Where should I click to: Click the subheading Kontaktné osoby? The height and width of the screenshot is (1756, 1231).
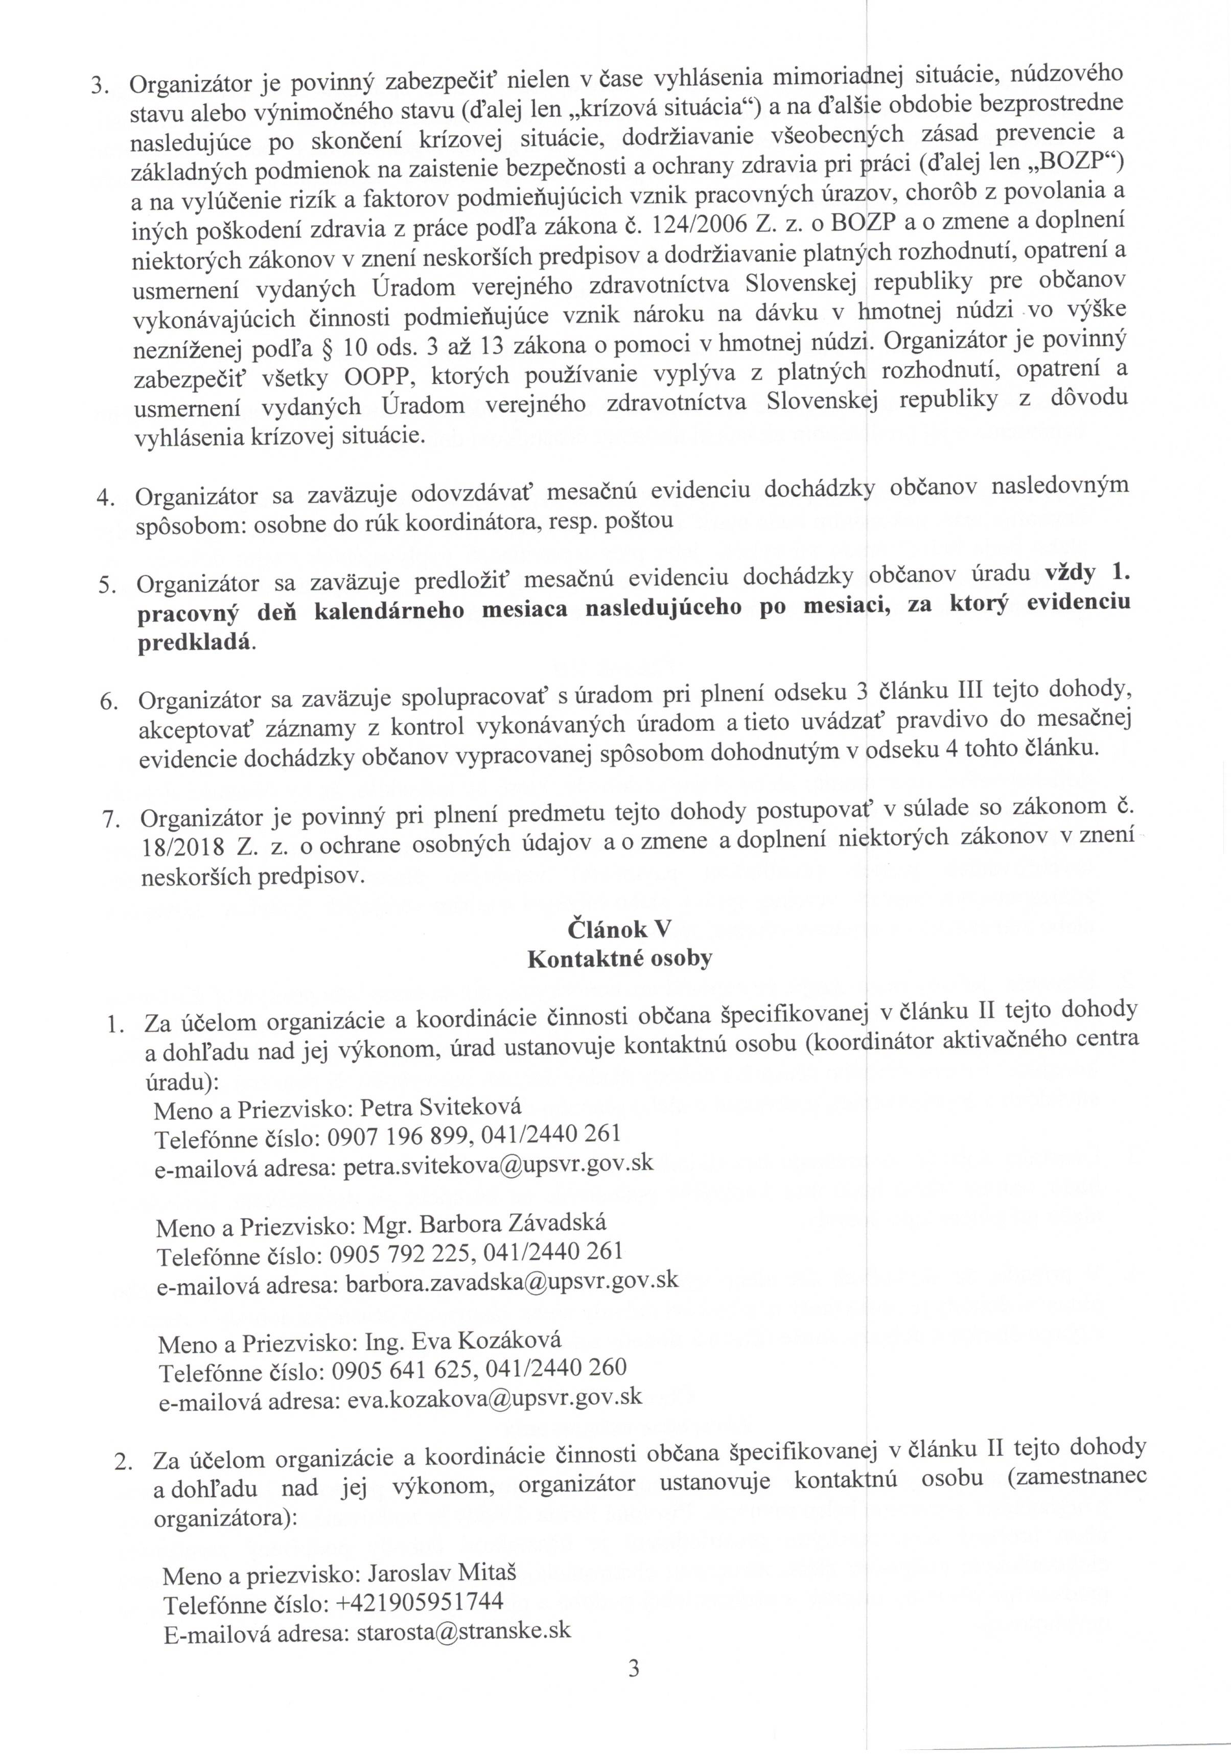coord(619,958)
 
